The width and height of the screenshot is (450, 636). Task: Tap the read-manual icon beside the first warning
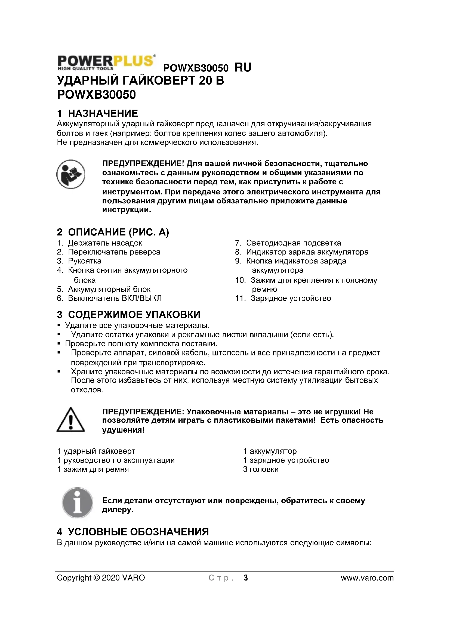click(71, 174)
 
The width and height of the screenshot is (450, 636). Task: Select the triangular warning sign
click(71, 420)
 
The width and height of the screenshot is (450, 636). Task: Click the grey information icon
click(77, 503)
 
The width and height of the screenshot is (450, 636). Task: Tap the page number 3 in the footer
click(245, 578)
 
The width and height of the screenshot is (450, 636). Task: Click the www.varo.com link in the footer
click(367, 578)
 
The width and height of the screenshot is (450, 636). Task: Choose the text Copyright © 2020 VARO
click(101, 578)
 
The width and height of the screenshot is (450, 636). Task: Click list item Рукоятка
click(85, 261)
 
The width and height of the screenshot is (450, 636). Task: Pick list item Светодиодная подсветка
click(294, 243)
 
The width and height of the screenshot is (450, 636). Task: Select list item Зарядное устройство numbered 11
click(291, 298)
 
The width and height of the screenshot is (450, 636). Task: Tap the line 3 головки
click(261, 469)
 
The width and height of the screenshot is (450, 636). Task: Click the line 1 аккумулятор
click(270, 451)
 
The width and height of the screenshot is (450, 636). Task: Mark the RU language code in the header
click(243, 67)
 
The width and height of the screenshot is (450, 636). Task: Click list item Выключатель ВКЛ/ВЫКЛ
click(115, 298)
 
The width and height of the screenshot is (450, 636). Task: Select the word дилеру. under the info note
click(118, 510)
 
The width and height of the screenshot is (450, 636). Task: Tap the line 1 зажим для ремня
click(93, 469)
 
